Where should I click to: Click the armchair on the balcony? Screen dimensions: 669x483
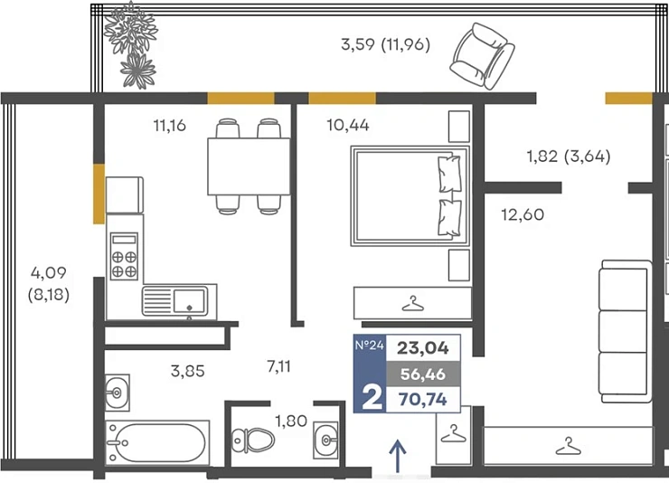(482, 56)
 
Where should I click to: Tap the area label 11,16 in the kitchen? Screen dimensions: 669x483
(169, 126)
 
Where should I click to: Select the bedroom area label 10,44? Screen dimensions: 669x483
(348, 125)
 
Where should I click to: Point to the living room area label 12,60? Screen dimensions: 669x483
(523, 214)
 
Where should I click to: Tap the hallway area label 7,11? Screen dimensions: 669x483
(278, 366)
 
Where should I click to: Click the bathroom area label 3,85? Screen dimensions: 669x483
(187, 371)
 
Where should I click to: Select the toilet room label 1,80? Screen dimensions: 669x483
(291, 421)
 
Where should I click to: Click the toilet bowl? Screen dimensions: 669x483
(253, 440)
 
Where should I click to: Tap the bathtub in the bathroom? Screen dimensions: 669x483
(157, 442)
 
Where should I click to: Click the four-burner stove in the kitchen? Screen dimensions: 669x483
(124, 256)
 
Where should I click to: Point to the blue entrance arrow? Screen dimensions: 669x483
(398, 456)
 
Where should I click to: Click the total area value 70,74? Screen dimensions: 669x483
(423, 400)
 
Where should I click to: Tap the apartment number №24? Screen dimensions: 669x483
(370, 345)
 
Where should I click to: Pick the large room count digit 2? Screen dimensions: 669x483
(372, 398)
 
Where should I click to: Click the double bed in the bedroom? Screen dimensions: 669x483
(410, 196)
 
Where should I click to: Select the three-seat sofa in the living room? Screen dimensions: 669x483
(625, 331)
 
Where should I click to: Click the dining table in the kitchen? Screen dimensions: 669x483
(249, 166)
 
